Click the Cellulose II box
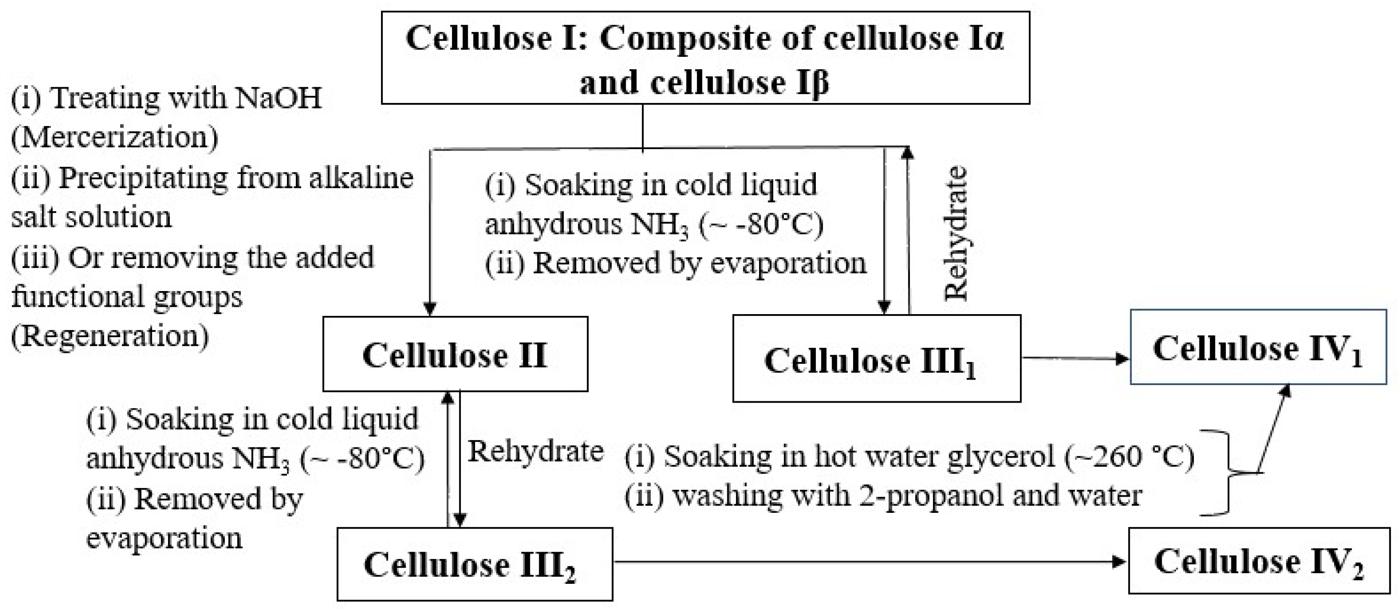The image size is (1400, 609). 455,354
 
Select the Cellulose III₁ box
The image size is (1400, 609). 876,359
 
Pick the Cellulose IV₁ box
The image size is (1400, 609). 1258,348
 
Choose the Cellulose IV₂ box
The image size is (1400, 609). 1259,561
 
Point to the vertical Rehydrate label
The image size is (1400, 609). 955,234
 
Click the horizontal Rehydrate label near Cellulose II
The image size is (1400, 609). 535,451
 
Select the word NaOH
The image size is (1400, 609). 278,98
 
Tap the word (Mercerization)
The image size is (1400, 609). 115,137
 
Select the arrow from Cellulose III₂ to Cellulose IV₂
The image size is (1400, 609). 870,562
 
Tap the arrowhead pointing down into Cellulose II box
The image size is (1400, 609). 430,308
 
